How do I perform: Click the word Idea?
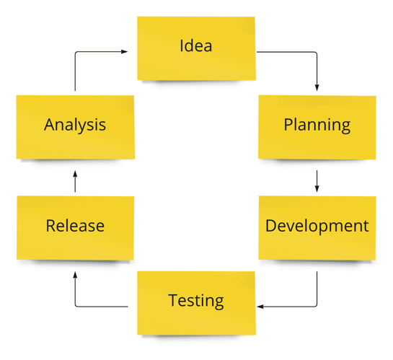(x=195, y=45)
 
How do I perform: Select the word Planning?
(x=317, y=125)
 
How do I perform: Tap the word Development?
(x=317, y=227)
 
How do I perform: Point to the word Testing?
(x=195, y=301)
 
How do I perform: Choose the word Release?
(x=75, y=226)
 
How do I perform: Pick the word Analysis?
(x=75, y=125)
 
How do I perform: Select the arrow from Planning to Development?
(x=317, y=181)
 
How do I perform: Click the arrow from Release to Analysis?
(x=75, y=182)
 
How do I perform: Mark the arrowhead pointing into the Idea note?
(x=124, y=52)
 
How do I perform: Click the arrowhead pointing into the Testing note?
(x=260, y=307)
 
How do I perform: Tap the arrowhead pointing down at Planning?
(x=317, y=87)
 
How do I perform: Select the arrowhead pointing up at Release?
(x=75, y=276)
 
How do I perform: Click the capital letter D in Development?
(x=270, y=226)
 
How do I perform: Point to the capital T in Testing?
(x=174, y=300)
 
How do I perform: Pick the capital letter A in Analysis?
(x=50, y=124)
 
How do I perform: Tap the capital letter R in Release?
(x=51, y=226)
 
